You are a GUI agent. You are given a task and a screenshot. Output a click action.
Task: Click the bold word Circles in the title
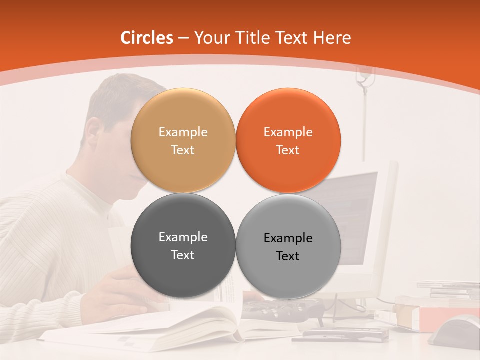pos(146,38)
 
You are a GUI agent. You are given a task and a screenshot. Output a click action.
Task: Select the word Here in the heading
pos(332,38)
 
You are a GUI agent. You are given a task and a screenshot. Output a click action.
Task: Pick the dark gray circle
pos(183,270)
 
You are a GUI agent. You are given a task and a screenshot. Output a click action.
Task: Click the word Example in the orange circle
pos(288,132)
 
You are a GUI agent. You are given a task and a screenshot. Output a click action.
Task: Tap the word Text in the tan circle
pos(183,150)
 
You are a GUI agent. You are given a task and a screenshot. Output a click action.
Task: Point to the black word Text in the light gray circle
pos(288,256)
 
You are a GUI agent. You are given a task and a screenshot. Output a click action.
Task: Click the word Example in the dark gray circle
pos(183,237)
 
